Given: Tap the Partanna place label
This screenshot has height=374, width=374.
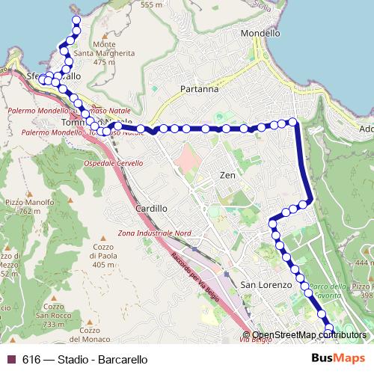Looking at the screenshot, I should (x=200, y=89).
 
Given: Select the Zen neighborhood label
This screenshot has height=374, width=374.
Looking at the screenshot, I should (x=227, y=176).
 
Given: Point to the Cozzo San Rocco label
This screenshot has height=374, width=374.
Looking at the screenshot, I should (x=54, y=311).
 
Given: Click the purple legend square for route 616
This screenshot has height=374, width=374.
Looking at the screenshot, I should (x=10, y=360).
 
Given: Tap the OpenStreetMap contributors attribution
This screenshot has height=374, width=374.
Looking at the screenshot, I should (x=309, y=335).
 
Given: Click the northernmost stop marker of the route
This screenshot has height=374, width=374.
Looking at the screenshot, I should (x=75, y=19).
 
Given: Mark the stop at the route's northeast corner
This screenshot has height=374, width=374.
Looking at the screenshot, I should (x=293, y=121).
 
